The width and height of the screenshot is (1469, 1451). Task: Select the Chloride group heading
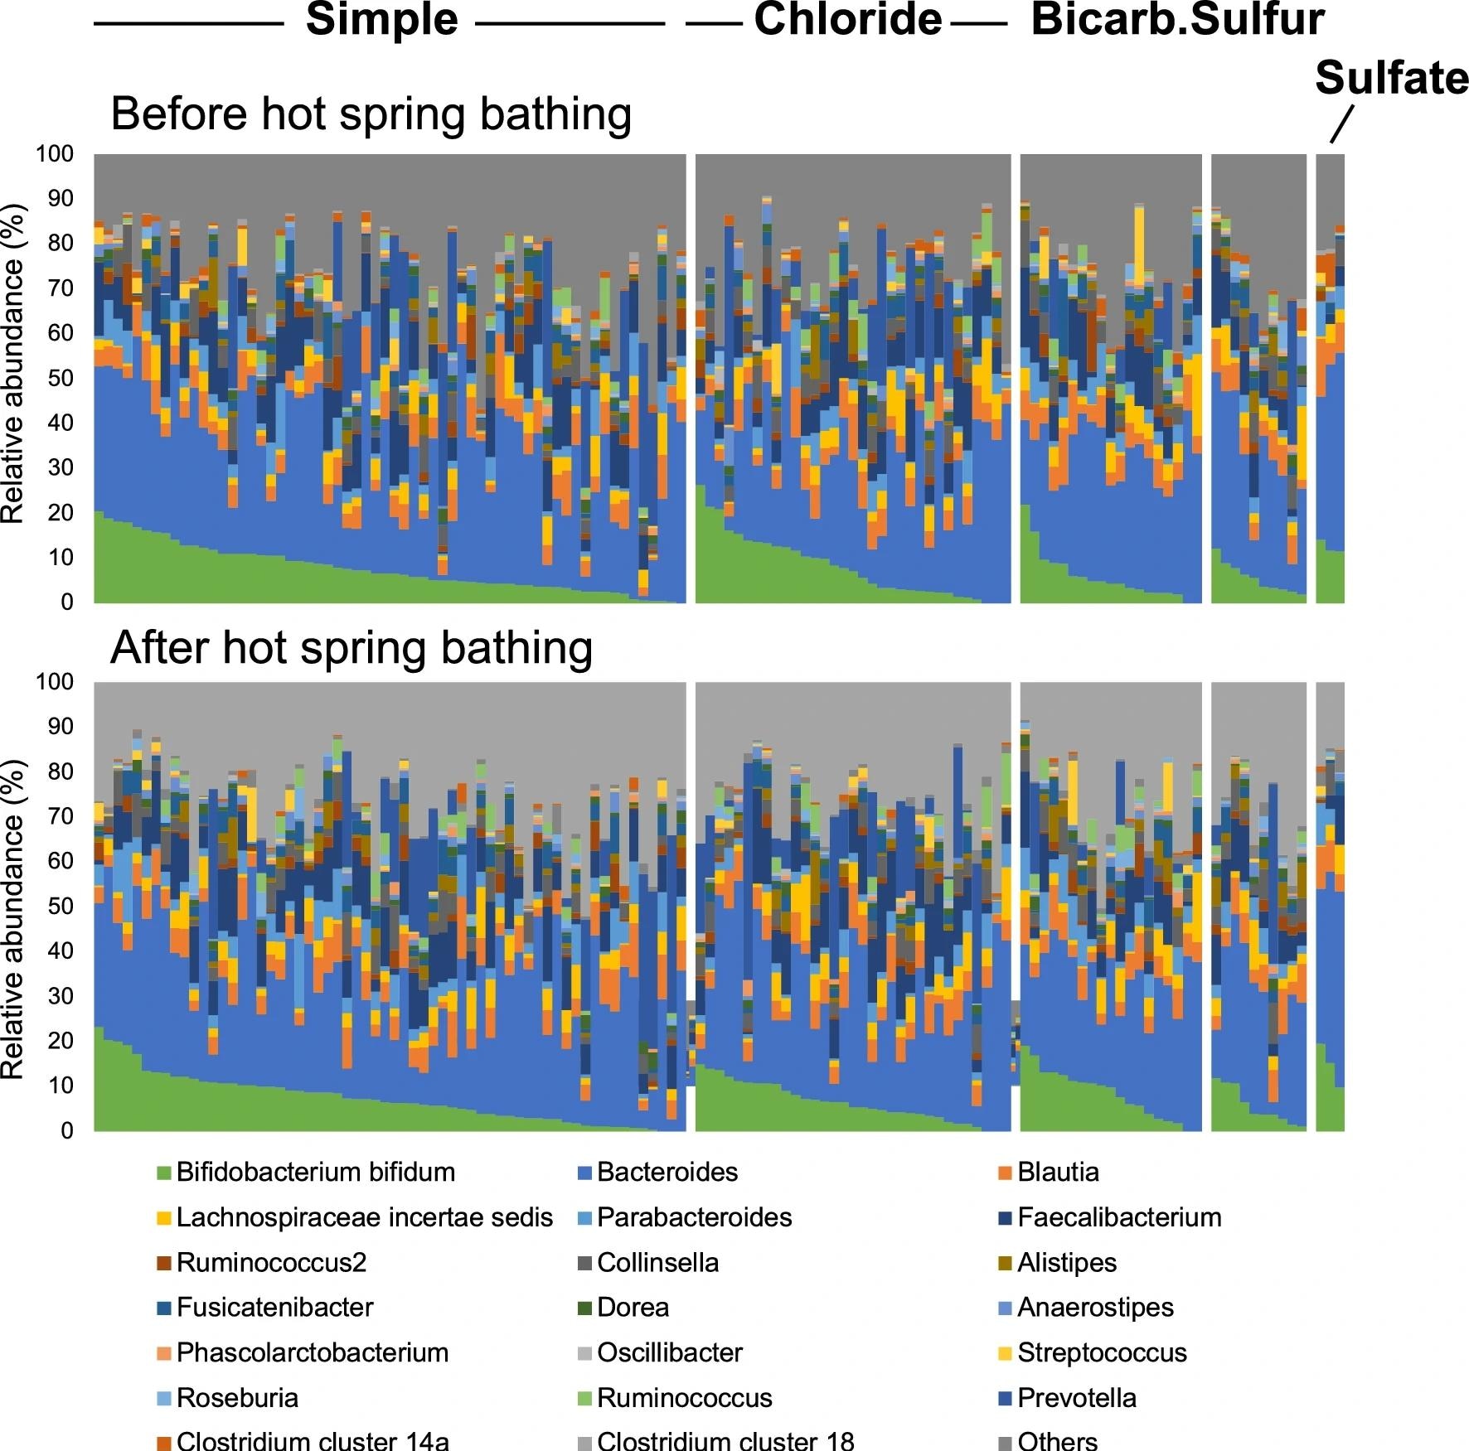pyautogui.click(x=847, y=20)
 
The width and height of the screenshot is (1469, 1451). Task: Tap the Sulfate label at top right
pyautogui.click(x=1390, y=80)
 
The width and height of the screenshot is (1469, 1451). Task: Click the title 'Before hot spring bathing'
pyautogui.click(x=371, y=114)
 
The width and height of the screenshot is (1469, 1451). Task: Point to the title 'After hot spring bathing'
pyautogui.click(x=351, y=648)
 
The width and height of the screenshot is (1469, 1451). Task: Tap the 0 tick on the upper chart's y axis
pyautogui.click(x=66, y=602)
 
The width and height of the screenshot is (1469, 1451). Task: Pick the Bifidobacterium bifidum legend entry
pyautogui.click(x=315, y=1172)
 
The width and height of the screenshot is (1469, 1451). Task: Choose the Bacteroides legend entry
pyautogui.click(x=667, y=1172)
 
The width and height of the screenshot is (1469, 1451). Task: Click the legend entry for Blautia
pyautogui.click(x=1058, y=1172)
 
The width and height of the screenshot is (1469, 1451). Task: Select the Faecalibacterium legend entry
pyautogui.click(x=1118, y=1217)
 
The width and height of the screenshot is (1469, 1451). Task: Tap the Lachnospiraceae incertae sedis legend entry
pyautogui.click(x=364, y=1217)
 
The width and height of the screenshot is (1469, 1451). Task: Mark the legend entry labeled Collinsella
pyautogui.click(x=657, y=1262)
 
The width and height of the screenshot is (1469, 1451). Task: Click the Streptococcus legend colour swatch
pyautogui.click(x=1004, y=1353)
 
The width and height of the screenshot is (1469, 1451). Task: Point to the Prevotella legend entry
pyautogui.click(x=1076, y=1398)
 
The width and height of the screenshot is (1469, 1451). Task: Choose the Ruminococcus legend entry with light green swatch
pyautogui.click(x=684, y=1398)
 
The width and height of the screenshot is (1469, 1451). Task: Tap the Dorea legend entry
pyautogui.click(x=633, y=1308)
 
